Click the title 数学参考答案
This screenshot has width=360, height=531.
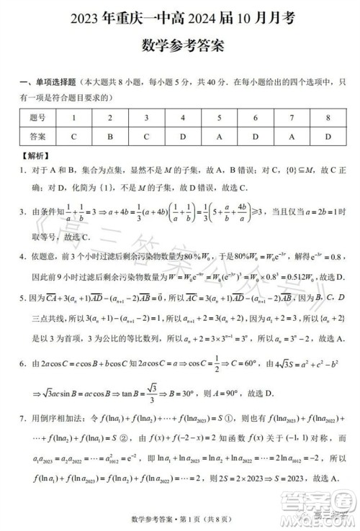click(x=179, y=45)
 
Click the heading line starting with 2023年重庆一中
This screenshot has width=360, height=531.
click(x=179, y=16)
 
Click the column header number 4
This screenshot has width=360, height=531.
click(x=183, y=117)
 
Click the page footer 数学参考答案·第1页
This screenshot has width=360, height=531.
click(x=180, y=519)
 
